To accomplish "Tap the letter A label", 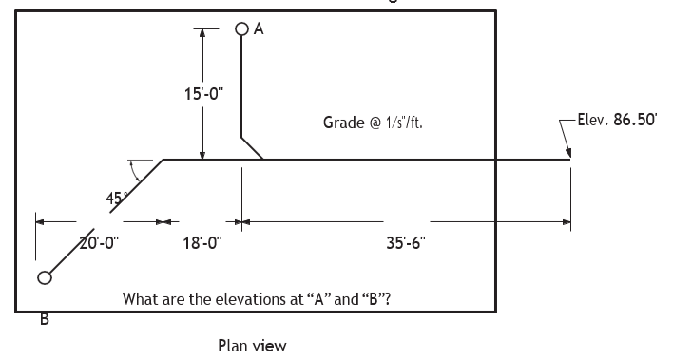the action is click(259, 28).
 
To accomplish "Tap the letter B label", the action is click(45, 319).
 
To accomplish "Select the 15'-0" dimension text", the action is click(203, 94).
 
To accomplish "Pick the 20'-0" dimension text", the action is click(99, 243).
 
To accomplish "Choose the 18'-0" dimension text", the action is click(202, 243).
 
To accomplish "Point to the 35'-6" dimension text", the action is click(406, 243).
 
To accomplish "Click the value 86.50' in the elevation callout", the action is click(635, 120).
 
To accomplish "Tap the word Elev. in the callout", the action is click(593, 120).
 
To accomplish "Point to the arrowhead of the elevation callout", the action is click(568, 154).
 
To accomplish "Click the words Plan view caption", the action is click(252, 346).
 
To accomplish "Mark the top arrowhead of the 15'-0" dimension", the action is click(202, 33).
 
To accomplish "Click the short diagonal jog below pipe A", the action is click(253, 148).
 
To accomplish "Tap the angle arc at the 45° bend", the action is click(136, 171).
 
